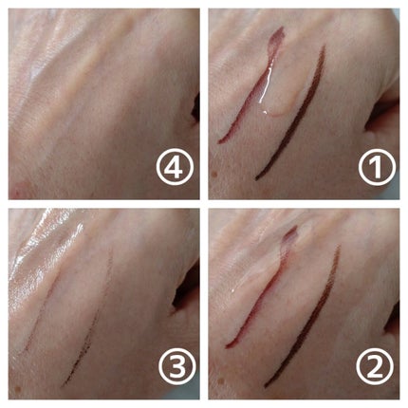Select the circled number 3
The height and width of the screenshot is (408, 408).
click(177, 366)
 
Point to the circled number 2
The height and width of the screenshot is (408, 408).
click(375, 366)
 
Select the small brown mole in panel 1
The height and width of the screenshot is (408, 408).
click(216, 174)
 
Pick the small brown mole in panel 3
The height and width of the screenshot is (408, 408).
click(17, 388)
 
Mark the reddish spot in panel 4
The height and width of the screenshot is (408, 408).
click(20, 190)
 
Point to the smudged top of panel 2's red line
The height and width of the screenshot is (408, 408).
click(289, 235)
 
